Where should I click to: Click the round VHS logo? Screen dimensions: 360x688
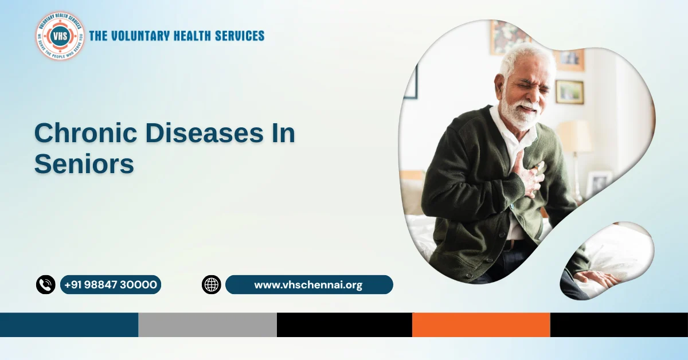tap(60, 36)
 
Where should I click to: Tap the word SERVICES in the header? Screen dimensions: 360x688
tap(236, 36)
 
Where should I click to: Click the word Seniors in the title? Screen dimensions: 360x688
tap(84, 164)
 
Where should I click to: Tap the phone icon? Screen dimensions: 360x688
tap(45, 284)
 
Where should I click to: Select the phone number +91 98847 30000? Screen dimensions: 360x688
tap(111, 284)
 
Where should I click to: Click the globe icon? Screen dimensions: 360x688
tap(211, 284)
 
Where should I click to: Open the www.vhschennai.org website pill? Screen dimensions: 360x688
tap(308, 284)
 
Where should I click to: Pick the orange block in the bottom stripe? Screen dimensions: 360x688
tap(480, 324)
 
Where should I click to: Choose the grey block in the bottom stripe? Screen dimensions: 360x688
tap(207, 324)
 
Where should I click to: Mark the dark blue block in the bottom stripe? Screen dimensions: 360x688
tap(69, 324)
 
